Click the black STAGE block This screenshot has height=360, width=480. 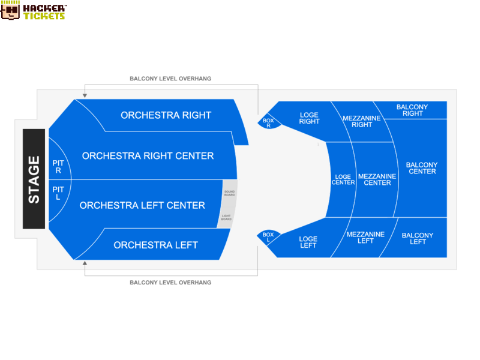coord(34,179)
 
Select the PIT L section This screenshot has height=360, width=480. coord(59,196)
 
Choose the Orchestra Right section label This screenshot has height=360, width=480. coord(166,115)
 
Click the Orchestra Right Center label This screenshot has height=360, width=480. coord(148,156)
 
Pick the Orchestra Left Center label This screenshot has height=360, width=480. coord(142,205)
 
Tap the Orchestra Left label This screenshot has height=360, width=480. coord(156,245)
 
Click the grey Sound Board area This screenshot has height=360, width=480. coord(230,193)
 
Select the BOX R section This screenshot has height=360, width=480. coord(269,122)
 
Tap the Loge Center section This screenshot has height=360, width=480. coord(343,179)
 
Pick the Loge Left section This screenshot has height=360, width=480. coord(308,242)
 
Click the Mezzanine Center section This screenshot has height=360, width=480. coord(377,179)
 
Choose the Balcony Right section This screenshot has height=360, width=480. coord(412,110)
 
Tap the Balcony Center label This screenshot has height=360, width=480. coord(422,168)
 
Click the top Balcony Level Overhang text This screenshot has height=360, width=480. coord(170,79)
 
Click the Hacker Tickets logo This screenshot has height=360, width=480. coord(34,10)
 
